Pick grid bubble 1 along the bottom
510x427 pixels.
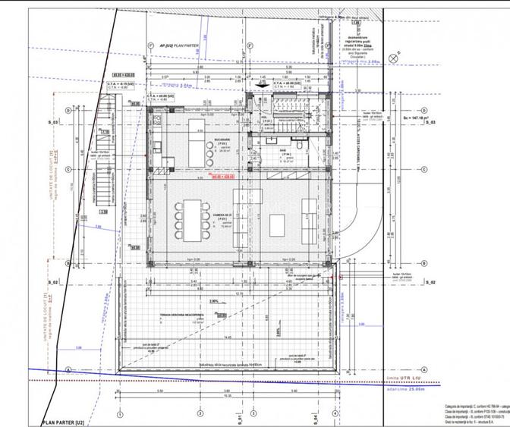119,415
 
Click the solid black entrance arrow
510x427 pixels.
261,86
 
